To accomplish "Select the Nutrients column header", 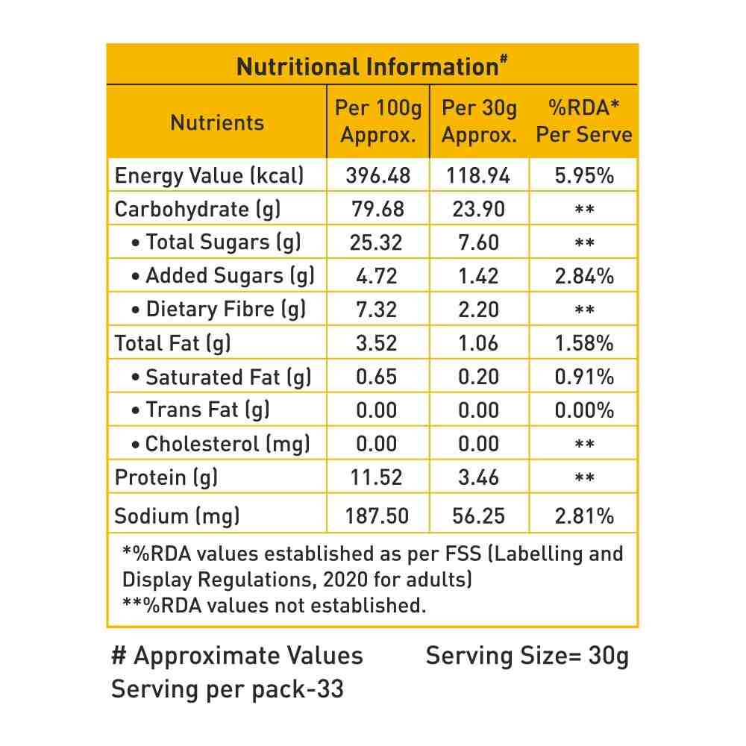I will point(217,122).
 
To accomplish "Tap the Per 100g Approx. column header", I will point(378,122).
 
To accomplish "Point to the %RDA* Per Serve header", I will point(584,122).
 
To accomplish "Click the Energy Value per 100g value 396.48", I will point(378,176).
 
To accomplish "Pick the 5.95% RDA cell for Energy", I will point(584,176).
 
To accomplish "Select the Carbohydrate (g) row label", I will point(198,210).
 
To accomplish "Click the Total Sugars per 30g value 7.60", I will point(479,242).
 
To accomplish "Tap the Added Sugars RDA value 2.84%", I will point(584,276).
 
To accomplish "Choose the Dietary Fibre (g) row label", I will point(218,310).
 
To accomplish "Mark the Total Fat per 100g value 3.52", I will point(378,343).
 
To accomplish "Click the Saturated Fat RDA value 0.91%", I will point(584,377).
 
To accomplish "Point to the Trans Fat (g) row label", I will point(200,410).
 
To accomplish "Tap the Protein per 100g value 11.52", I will point(378,477).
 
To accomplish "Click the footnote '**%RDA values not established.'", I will point(274,605).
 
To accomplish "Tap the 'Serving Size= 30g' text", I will point(527,656).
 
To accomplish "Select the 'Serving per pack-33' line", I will point(228,689).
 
